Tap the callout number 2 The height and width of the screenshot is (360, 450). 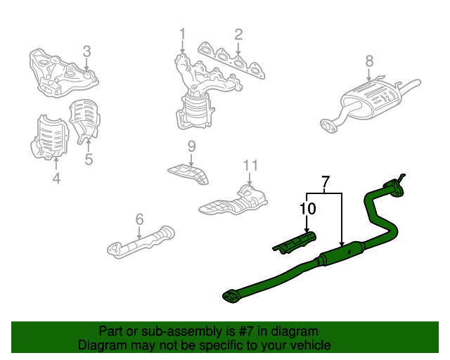(x=238, y=34)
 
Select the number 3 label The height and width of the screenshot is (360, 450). (x=87, y=51)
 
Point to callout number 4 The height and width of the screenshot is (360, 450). (x=56, y=178)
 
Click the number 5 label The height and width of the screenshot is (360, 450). (x=89, y=160)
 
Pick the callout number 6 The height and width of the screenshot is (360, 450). (x=139, y=219)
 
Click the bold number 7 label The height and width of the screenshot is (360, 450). (x=326, y=181)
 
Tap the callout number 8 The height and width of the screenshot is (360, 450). (x=369, y=61)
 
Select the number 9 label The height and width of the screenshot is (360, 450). (x=192, y=146)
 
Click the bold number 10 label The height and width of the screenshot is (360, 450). (x=307, y=209)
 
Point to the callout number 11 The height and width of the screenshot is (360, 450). (x=250, y=165)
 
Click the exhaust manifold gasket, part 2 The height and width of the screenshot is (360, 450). (x=231, y=60)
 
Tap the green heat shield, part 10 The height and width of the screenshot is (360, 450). (x=295, y=243)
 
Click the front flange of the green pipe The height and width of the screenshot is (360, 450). (x=231, y=297)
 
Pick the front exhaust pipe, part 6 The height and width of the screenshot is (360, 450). (x=141, y=242)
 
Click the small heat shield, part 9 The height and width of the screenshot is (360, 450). (x=188, y=174)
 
